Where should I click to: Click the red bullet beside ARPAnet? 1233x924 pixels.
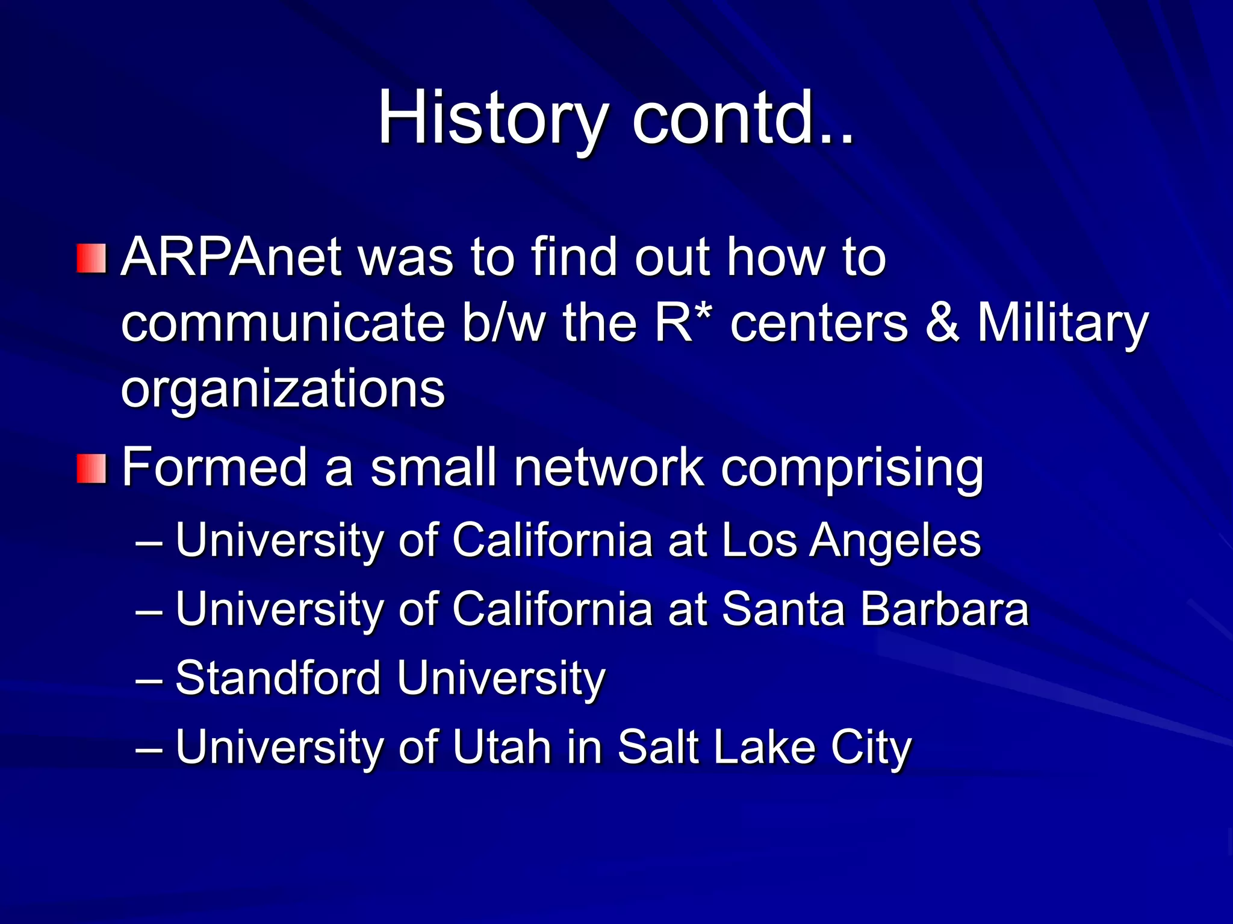coord(92,259)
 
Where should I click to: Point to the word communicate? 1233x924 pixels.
coord(283,324)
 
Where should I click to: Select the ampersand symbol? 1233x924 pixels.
coord(942,324)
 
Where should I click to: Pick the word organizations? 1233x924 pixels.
coord(283,390)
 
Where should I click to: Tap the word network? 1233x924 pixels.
coord(608,468)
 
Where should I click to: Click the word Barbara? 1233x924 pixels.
coord(944,609)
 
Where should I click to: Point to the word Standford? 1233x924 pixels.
coord(278,678)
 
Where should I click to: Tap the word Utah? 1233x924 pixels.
coord(502,747)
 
